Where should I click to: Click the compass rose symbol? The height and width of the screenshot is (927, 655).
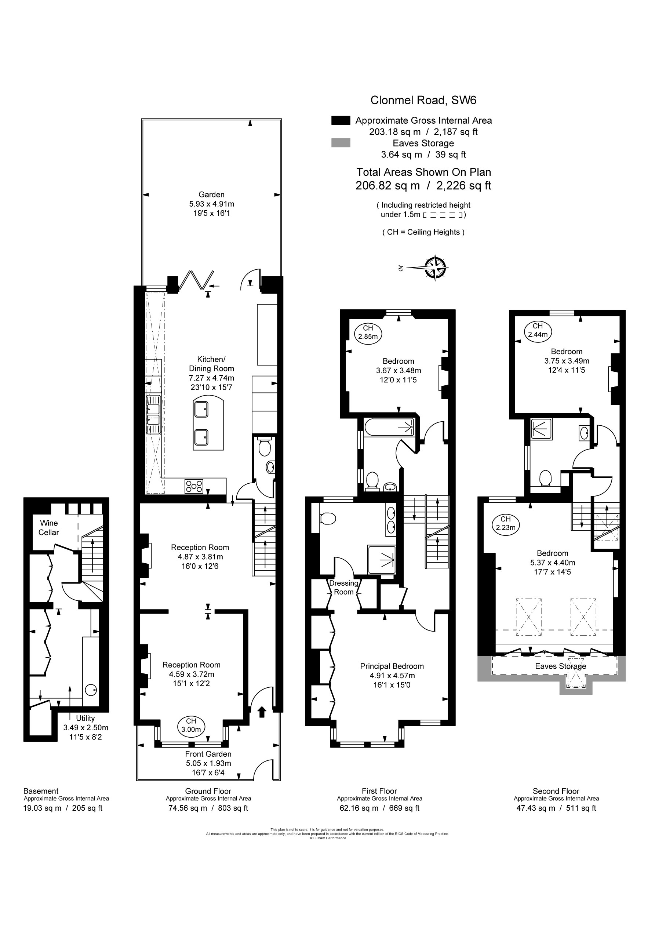click(x=435, y=267)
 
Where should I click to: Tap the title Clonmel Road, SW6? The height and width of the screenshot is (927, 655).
click(x=423, y=100)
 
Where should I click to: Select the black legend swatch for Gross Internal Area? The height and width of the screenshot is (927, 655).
click(x=341, y=120)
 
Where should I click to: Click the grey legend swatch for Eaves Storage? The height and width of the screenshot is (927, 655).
click(x=341, y=143)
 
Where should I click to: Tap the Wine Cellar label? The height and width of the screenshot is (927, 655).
click(x=49, y=528)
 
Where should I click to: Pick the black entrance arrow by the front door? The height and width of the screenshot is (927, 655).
click(x=262, y=712)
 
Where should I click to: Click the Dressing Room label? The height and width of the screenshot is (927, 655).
click(x=344, y=588)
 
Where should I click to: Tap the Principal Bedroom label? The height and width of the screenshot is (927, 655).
click(x=392, y=666)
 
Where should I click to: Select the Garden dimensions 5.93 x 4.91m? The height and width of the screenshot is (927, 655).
click(x=212, y=204)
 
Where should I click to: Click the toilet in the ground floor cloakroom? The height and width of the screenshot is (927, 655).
click(x=265, y=447)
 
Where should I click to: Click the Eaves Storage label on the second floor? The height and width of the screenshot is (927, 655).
click(x=560, y=666)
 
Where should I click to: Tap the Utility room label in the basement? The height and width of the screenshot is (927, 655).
click(x=85, y=718)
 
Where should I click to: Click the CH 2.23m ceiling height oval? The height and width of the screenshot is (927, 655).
click(x=506, y=523)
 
